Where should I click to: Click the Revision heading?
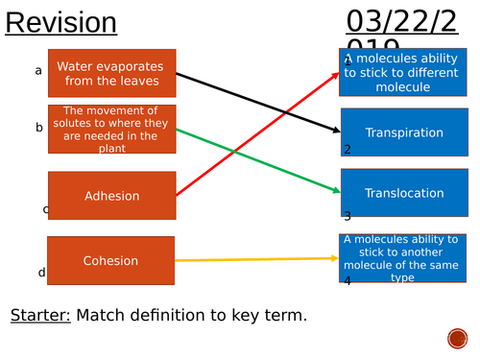click(x=61, y=23)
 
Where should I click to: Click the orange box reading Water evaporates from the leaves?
click(x=111, y=74)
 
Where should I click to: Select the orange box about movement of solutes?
click(x=111, y=129)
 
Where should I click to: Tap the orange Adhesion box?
click(x=111, y=196)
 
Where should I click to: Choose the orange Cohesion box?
click(x=111, y=260)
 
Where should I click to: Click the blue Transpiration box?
click(x=404, y=132)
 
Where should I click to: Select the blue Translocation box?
click(x=404, y=193)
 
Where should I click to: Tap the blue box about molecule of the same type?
click(x=404, y=257)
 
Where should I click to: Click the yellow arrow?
click(x=259, y=259)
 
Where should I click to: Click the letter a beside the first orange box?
click(x=38, y=70)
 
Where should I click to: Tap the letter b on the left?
click(x=39, y=127)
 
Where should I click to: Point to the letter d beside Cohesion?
click(x=41, y=273)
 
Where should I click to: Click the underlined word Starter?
click(x=40, y=315)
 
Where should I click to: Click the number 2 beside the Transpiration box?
click(x=348, y=149)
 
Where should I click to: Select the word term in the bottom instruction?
click(x=283, y=315)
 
